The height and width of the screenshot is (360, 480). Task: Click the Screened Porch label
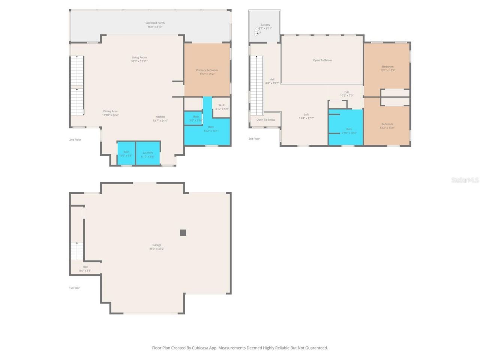[x=155, y=23]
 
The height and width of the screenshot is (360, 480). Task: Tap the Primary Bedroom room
[x=207, y=70]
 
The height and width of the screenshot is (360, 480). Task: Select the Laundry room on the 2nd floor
[x=148, y=153]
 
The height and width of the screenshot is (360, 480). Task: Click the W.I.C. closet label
[x=222, y=105]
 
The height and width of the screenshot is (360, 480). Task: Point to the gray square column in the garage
[x=183, y=232]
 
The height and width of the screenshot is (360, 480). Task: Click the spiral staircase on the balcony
[x=258, y=32]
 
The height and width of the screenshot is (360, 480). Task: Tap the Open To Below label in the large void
[x=322, y=60]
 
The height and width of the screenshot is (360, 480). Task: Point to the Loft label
[x=306, y=115]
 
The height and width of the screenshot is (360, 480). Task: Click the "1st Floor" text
[x=74, y=288]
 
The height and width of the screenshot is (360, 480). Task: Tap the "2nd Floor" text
[x=75, y=140]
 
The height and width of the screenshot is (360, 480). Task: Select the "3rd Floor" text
[x=254, y=139]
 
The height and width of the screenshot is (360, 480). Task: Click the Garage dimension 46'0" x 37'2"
[x=157, y=249]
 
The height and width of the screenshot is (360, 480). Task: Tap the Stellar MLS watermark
[x=465, y=180]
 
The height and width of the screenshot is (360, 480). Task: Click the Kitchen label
[x=160, y=117]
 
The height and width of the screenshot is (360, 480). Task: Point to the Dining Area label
[x=110, y=111]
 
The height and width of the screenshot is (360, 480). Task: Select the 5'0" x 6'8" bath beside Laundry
[x=126, y=153]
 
